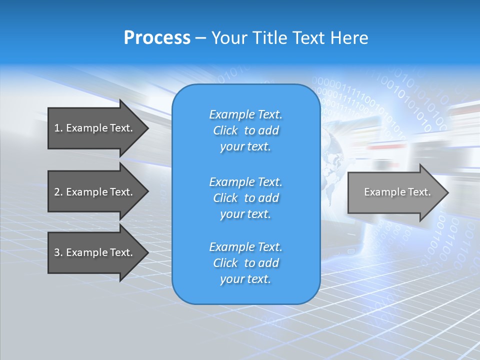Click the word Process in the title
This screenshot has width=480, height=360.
tap(157, 38)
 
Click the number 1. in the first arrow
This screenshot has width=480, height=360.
tap(58, 128)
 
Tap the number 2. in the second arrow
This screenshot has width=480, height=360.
tap(58, 192)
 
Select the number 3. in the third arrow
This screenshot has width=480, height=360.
tap(58, 252)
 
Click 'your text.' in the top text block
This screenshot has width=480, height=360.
tap(245, 147)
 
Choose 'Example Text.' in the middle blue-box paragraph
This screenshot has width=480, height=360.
tap(245, 182)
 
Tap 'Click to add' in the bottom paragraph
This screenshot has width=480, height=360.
tap(245, 263)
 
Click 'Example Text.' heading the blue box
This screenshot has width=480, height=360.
tap(245, 114)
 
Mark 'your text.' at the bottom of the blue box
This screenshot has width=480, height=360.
tap(245, 279)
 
